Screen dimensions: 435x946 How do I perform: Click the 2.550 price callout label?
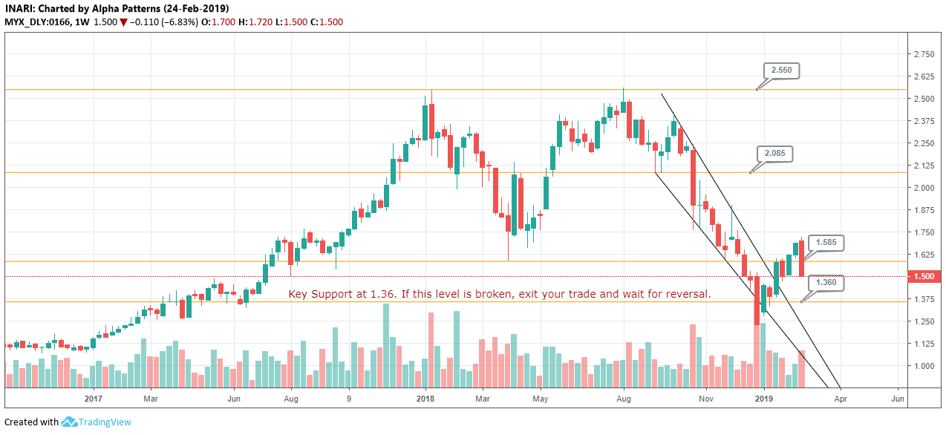click(x=781, y=71)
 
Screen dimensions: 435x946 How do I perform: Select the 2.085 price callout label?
click(x=774, y=154)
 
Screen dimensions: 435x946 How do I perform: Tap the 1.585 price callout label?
click(x=826, y=242)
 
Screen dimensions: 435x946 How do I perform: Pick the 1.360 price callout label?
click(x=826, y=283)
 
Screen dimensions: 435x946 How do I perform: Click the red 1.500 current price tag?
click(x=924, y=276)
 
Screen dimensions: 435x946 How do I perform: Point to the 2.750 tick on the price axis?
click(x=924, y=54)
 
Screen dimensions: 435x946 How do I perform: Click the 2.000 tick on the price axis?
click(x=924, y=188)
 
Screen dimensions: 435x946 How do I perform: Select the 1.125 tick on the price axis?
click(x=924, y=344)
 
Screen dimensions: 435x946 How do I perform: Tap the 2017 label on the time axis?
click(x=93, y=399)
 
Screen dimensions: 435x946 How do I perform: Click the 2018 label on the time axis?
click(x=425, y=399)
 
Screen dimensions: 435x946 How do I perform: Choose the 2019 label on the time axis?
click(x=766, y=399)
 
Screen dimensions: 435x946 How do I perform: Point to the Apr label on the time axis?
click(x=840, y=399)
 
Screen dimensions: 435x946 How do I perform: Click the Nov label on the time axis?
click(x=706, y=399)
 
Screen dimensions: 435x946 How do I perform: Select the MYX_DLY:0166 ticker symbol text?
click(x=37, y=22)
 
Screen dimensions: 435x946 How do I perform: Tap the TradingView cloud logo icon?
click(x=70, y=422)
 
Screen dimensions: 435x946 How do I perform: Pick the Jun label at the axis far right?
click(x=897, y=399)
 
